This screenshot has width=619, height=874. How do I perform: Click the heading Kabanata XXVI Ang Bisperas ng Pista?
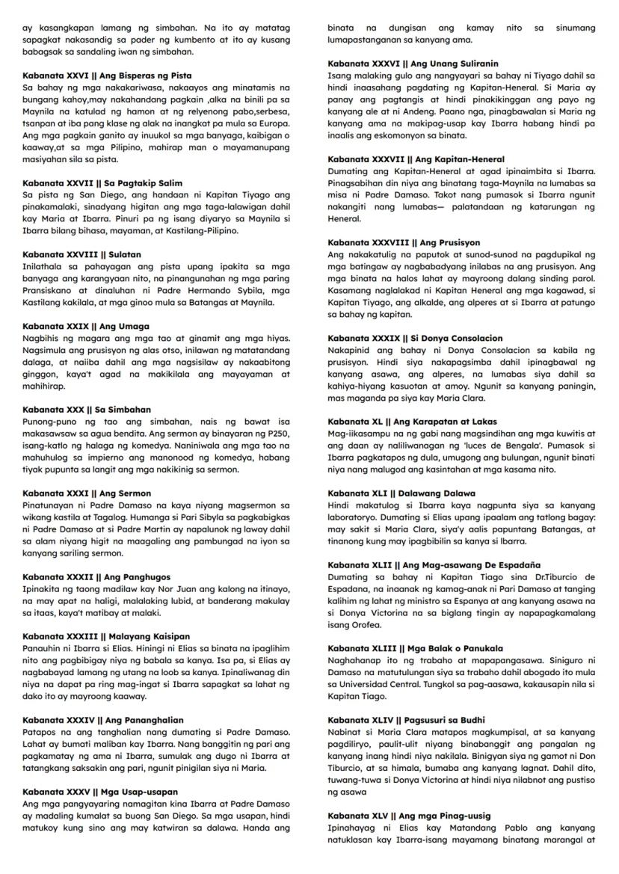click(x=107, y=76)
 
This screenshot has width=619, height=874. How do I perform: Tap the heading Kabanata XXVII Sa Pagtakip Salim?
click(x=102, y=183)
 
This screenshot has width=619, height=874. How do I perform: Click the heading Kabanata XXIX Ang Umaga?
click(x=86, y=326)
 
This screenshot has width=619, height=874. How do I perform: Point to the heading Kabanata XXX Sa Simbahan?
click(x=87, y=410)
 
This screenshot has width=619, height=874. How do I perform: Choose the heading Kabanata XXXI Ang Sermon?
click(x=87, y=493)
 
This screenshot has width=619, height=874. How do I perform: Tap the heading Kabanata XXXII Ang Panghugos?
click(x=96, y=577)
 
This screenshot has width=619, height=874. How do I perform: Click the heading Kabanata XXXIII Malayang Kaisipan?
click(x=106, y=636)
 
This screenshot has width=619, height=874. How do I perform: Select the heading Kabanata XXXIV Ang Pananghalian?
click(x=103, y=720)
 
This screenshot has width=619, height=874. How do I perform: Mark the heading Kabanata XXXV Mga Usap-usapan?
click(x=100, y=792)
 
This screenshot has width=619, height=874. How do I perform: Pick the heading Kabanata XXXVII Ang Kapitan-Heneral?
click(x=416, y=159)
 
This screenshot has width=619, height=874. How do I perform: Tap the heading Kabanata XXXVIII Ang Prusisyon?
click(x=404, y=243)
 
